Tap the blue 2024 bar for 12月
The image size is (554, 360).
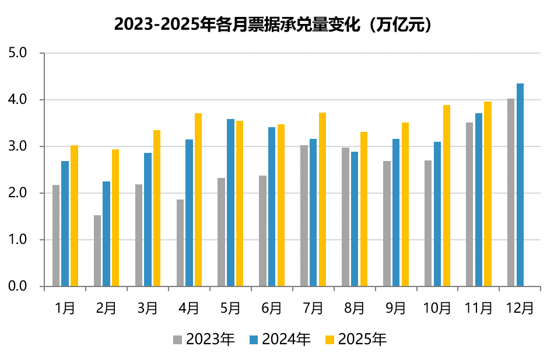tap(520, 185)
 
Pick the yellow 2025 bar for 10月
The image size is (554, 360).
tap(447, 195)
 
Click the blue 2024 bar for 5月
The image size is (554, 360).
tap(230, 202)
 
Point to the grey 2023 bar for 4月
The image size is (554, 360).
tap(180, 243)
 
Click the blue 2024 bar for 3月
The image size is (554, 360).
tap(148, 219)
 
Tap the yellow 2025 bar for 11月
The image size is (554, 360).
tap(488, 194)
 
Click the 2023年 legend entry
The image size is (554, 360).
tap(204, 339)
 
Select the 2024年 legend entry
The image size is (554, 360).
tap(280, 339)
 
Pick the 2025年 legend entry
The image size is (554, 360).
tap(356, 339)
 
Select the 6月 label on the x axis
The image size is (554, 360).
tap(272, 307)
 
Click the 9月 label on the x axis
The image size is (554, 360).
tap(396, 307)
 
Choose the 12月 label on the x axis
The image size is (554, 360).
tap(520, 307)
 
